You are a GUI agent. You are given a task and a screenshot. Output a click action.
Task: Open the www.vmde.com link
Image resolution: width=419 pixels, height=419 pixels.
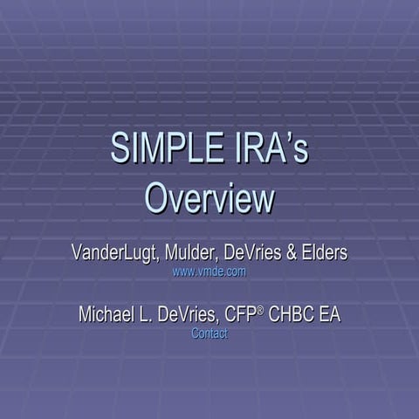209,271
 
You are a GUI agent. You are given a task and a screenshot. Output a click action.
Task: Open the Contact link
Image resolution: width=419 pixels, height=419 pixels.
209,333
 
